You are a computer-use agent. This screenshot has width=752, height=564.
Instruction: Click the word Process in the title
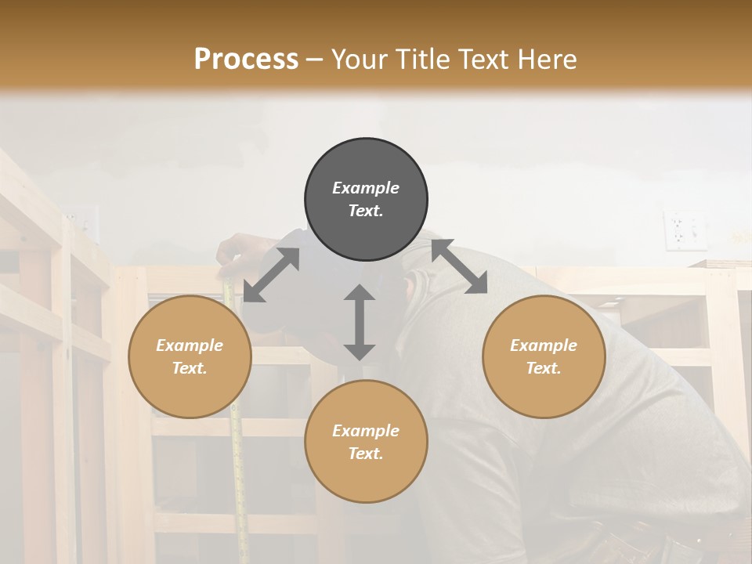click(246, 60)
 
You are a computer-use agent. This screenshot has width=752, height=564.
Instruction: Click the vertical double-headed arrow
click(360, 322)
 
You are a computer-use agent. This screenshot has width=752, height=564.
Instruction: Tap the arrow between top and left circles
click(271, 275)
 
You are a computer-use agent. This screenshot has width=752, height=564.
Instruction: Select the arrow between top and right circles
click(459, 266)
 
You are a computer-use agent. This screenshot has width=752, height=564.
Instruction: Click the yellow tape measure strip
click(237, 439)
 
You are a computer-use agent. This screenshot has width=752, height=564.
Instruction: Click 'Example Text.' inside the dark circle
click(366, 199)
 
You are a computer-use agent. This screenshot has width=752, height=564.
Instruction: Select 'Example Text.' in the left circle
click(190, 356)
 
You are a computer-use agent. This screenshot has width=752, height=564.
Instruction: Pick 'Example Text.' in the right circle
click(544, 356)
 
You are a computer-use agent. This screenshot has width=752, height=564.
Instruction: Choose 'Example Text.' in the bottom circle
click(366, 442)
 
